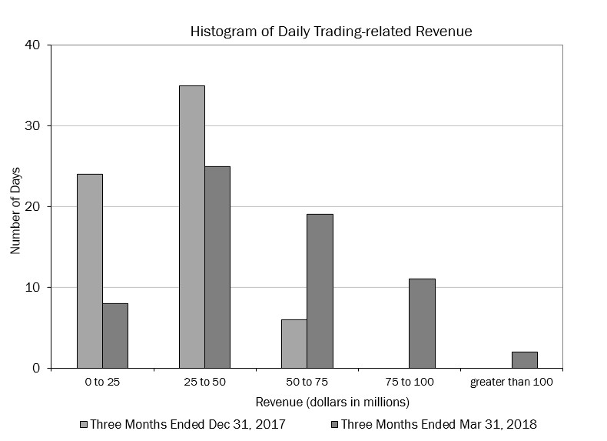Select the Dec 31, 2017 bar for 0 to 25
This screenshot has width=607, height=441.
[89, 271]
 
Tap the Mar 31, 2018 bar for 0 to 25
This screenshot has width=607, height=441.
[115, 336]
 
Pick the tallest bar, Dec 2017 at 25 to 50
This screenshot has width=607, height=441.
[191, 227]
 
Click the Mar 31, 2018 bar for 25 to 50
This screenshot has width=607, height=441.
[217, 267]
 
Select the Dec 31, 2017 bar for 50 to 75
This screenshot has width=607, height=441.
[294, 344]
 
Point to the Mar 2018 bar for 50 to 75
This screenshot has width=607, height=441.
[320, 291]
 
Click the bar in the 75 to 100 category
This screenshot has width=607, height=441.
[422, 323]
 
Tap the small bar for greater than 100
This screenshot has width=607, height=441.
[524, 359]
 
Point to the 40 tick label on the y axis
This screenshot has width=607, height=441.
[34, 45]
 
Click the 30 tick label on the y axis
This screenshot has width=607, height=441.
[34, 125]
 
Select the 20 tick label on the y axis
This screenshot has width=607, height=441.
[34, 206]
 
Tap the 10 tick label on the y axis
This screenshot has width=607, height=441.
[34, 287]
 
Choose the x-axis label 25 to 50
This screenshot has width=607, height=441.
[204, 382]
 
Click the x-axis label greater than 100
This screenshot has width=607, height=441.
[511, 382]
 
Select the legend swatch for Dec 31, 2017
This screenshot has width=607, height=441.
[85, 423]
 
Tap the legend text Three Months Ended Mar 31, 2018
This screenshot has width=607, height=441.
[439, 423]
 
